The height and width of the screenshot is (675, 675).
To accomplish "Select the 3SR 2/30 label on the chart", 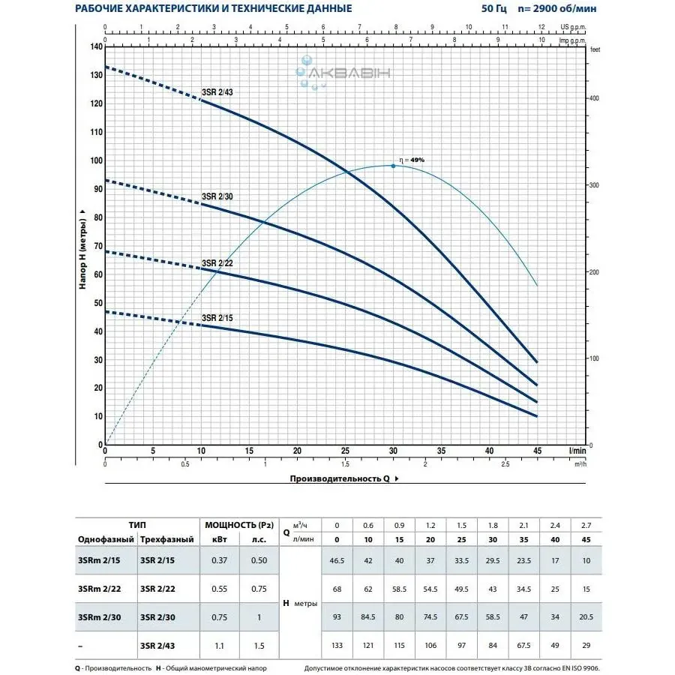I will pos(217,196).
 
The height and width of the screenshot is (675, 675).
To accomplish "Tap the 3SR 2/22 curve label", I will pos(217,263).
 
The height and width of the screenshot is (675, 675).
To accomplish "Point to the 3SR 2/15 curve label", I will pos(217,318).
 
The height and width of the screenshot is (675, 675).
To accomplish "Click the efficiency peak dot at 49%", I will pos(393,166).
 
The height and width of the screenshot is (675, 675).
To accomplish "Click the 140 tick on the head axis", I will pos(95,46).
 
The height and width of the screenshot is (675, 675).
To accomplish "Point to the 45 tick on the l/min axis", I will pos(537,451).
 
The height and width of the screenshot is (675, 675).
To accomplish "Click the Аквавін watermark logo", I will pos(341,73).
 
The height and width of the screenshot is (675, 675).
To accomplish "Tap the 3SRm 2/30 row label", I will pos(98,617).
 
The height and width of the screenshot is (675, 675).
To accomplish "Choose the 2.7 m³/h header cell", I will pos(586,525).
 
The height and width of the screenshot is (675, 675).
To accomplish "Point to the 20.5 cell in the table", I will pos(586,617).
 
